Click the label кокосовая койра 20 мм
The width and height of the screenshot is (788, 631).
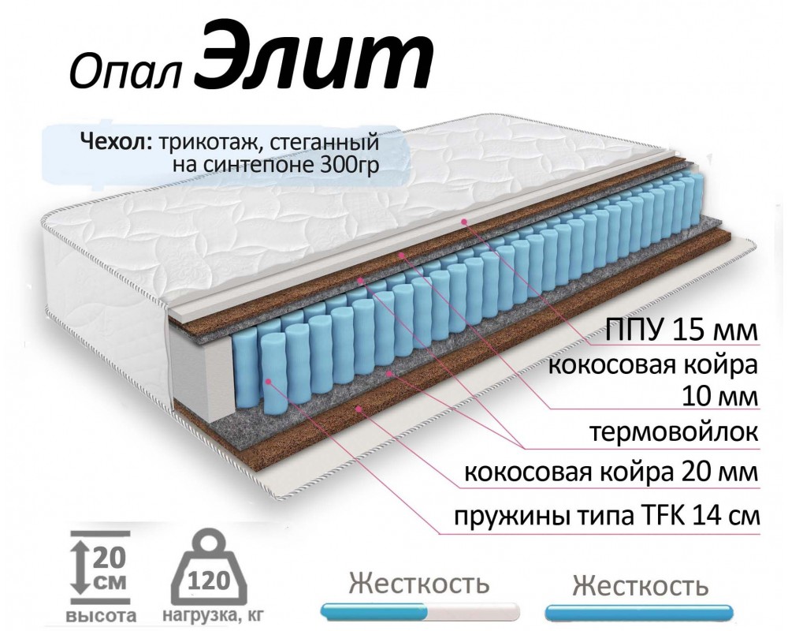pyautogui.click(x=611, y=473)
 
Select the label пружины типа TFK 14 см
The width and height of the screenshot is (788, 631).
pyautogui.click(x=606, y=517)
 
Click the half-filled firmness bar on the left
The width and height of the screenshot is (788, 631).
pyautogui.click(x=421, y=611)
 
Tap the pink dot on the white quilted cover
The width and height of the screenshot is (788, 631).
pyautogui.click(x=465, y=222)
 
